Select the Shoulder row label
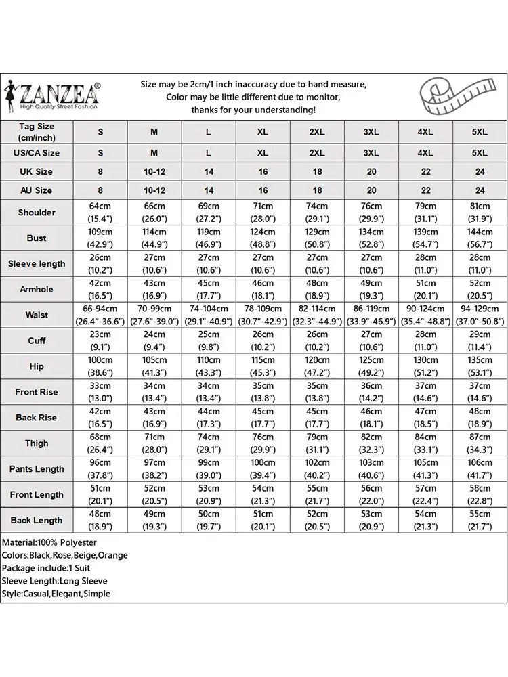(37, 212)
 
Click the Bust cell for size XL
(263, 238)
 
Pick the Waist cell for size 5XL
(480, 315)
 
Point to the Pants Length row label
(37, 468)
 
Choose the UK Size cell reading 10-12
(154, 172)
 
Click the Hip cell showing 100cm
(100, 366)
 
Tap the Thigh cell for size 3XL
(371, 443)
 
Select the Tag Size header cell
(37, 132)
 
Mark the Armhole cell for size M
(154, 289)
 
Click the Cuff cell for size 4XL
(425, 341)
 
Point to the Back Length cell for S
(100, 520)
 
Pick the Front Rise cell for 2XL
(317, 392)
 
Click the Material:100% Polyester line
(49, 543)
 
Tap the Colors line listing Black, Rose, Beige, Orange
(65, 556)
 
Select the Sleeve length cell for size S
(100, 263)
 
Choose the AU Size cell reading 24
(480, 191)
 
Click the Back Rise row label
(37, 418)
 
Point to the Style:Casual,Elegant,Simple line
(56, 594)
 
